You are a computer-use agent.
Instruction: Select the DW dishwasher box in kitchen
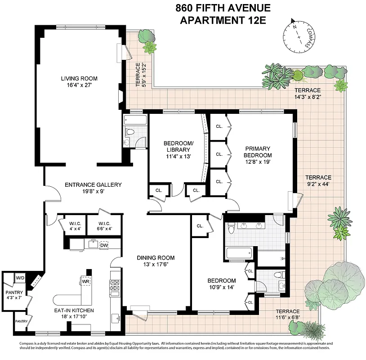104,245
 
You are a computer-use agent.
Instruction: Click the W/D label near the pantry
20,278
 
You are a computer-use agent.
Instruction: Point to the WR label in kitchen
85,282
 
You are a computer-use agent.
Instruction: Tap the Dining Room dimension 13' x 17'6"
156,265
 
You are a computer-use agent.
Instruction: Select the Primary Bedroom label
258,152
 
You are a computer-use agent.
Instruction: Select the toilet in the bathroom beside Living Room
130,132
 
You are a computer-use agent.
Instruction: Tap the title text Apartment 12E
223,20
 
